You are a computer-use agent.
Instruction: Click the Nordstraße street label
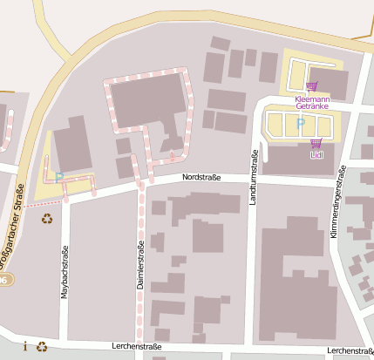[201, 178]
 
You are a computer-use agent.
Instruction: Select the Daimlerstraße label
[139, 268]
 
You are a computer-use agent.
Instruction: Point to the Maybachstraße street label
[65, 275]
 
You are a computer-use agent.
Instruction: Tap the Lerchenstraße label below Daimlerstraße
[137, 346]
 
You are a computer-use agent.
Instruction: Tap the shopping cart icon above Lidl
[316, 143]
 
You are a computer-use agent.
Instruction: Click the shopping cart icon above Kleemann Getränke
[312, 86]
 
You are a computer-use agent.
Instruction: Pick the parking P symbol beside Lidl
[301, 124]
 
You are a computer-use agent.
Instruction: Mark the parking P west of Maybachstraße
[59, 176]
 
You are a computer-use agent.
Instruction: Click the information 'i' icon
[25, 346]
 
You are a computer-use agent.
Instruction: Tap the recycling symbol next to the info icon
[41, 346]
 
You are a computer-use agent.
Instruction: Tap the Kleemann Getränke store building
[332, 84]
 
